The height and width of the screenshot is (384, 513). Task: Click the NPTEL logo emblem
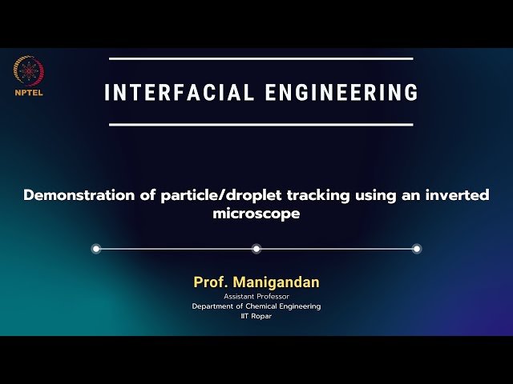[29, 71]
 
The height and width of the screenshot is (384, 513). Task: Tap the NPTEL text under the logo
[29, 91]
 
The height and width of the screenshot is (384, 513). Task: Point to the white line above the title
[261, 58]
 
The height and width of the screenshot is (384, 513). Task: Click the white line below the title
[261, 125]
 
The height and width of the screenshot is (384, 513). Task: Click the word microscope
[256, 214]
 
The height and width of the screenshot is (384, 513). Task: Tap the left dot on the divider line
[96, 249]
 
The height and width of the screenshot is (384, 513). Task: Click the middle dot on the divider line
[256, 249]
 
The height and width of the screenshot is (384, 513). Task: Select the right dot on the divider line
[417, 249]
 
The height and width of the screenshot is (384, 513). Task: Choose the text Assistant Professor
[256, 297]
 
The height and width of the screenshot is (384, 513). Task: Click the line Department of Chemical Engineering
[256, 306]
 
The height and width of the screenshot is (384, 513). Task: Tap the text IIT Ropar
[256, 317]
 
